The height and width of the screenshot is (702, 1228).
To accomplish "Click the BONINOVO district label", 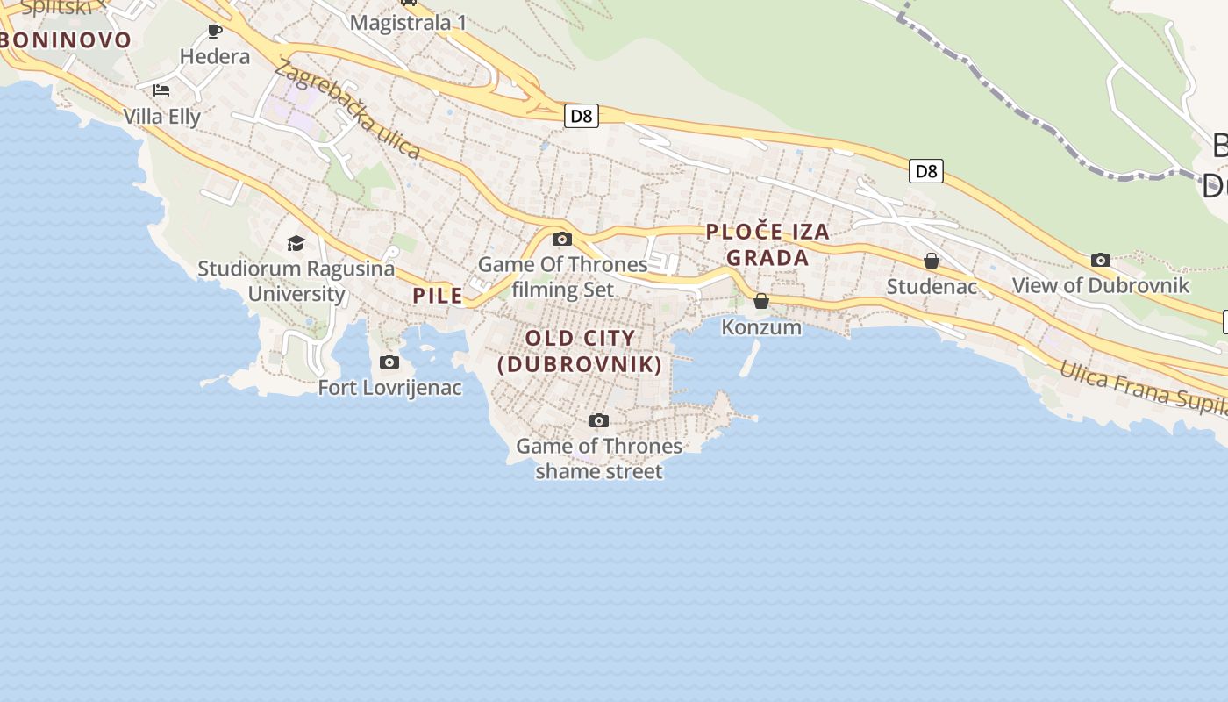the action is [x=66, y=39].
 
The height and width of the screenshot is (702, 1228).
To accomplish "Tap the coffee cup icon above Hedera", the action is [x=215, y=32].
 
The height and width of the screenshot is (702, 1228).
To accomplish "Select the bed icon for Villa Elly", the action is [x=161, y=90].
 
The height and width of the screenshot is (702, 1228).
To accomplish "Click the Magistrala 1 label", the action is [x=408, y=23].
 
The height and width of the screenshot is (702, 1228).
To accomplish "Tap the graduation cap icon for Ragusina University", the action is [x=296, y=243].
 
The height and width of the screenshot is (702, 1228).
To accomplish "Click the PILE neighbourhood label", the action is [x=438, y=296].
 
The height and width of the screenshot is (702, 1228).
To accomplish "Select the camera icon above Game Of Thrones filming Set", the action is [x=562, y=239].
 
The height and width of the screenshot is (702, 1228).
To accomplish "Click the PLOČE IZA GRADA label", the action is [x=767, y=245].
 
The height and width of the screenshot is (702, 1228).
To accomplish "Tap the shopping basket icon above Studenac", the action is [x=932, y=261].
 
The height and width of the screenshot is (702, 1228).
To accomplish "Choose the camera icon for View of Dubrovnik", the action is [x=1101, y=260].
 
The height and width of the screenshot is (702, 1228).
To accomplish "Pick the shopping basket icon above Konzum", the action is [x=761, y=301].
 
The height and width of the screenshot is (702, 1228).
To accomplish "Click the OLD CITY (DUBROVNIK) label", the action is [x=580, y=351].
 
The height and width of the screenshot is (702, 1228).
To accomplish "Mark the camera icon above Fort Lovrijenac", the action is [x=389, y=362].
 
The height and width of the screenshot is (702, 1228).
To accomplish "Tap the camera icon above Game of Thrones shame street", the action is [x=599, y=420].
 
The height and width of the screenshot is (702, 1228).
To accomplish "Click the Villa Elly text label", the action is [x=162, y=117].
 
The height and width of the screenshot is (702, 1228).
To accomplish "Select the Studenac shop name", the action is [x=932, y=287].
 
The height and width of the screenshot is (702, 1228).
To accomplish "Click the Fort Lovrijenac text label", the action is [x=389, y=388].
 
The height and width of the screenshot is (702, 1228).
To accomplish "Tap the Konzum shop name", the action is [x=761, y=327].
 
